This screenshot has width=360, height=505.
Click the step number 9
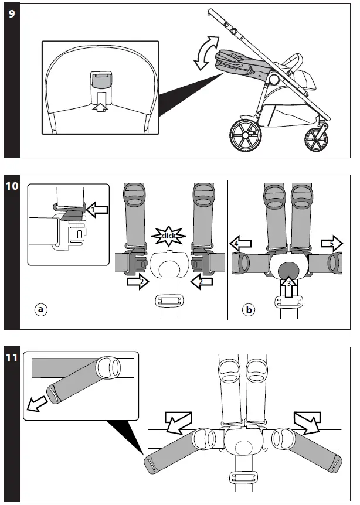(12, 15)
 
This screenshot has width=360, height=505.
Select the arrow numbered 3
(288, 287)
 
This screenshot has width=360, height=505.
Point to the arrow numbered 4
(243, 242)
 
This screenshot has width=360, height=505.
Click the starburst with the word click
(168, 236)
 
